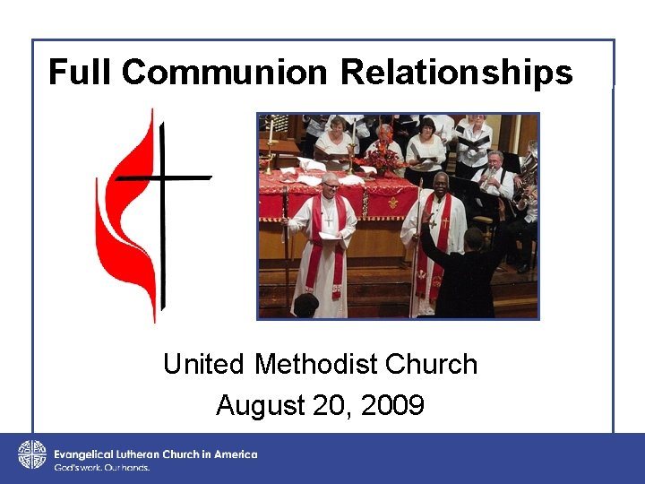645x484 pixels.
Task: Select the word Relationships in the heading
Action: (x=457, y=72)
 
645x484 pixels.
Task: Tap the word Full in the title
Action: (x=82, y=72)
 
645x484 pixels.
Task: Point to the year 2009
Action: (x=393, y=406)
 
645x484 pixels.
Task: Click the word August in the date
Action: (x=260, y=406)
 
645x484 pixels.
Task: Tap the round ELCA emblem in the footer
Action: (x=31, y=455)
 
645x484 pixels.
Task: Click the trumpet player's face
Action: (x=494, y=161)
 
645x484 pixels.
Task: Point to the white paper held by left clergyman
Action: (x=328, y=235)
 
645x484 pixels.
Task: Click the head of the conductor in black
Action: (x=473, y=238)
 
